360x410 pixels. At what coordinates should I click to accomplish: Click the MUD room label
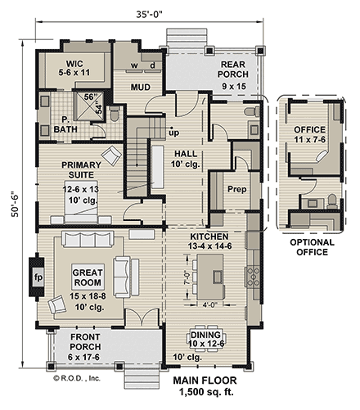point(144,85)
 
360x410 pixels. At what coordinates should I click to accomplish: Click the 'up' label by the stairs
point(173,131)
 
